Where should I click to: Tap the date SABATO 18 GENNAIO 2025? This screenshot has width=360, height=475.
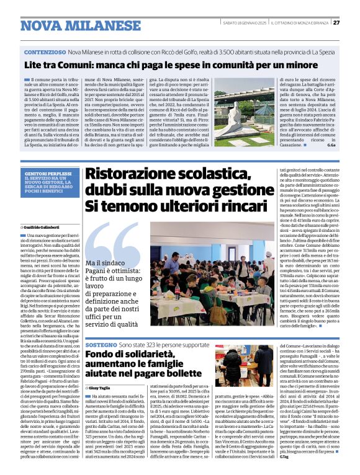(x=244, y=23)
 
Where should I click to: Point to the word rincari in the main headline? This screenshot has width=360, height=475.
(x=224, y=205)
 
